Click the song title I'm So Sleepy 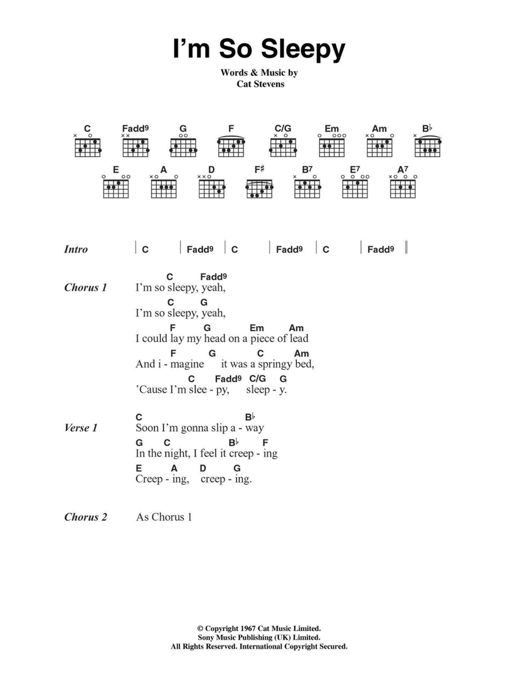click(x=259, y=49)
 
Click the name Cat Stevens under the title click(x=260, y=84)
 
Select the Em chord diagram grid click(x=332, y=148)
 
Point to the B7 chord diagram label click(x=307, y=169)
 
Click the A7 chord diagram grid click(x=403, y=189)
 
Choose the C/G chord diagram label click(x=283, y=128)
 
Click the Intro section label click(x=76, y=250)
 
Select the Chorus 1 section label click(x=86, y=288)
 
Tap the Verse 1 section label click(x=81, y=428)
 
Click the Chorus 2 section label click(x=86, y=517)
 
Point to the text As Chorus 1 click(x=164, y=517)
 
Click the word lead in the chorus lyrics click(x=299, y=339)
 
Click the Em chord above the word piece click(x=256, y=328)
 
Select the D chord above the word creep click(x=203, y=468)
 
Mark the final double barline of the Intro click(x=406, y=248)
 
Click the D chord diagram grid click(x=211, y=189)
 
